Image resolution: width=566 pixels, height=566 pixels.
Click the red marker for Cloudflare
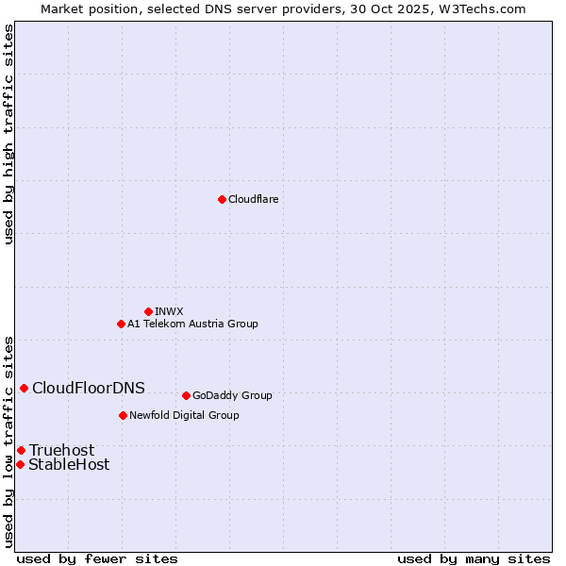tap(222, 199)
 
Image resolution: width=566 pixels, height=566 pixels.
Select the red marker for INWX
tap(148, 311)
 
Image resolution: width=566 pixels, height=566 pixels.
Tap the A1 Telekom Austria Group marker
tap(121, 324)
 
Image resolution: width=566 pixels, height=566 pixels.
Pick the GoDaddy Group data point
tap(186, 395)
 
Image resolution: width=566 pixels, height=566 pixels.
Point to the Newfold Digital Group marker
tap(123, 415)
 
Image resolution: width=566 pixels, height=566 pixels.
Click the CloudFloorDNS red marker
tap(24, 388)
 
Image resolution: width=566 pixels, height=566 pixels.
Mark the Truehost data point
tap(21, 450)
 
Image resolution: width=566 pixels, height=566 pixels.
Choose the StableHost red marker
tap(20, 464)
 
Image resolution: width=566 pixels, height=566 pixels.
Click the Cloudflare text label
tap(254, 199)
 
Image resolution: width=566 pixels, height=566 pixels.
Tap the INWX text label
tap(169, 311)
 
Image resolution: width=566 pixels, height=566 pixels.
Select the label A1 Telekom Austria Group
tap(192, 324)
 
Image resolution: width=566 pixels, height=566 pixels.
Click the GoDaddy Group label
tap(232, 395)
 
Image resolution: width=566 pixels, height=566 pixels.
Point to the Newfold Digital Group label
tap(184, 415)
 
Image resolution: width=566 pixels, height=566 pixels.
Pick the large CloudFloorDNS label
tap(89, 388)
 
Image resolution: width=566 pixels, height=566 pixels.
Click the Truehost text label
tap(61, 450)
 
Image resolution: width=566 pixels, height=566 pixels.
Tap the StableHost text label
tap(69, 464)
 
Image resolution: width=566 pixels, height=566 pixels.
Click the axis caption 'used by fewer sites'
tap(97, 558)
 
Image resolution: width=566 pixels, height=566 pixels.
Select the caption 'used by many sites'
tap(474, 558)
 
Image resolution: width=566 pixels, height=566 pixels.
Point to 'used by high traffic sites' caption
tap(8, 134)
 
